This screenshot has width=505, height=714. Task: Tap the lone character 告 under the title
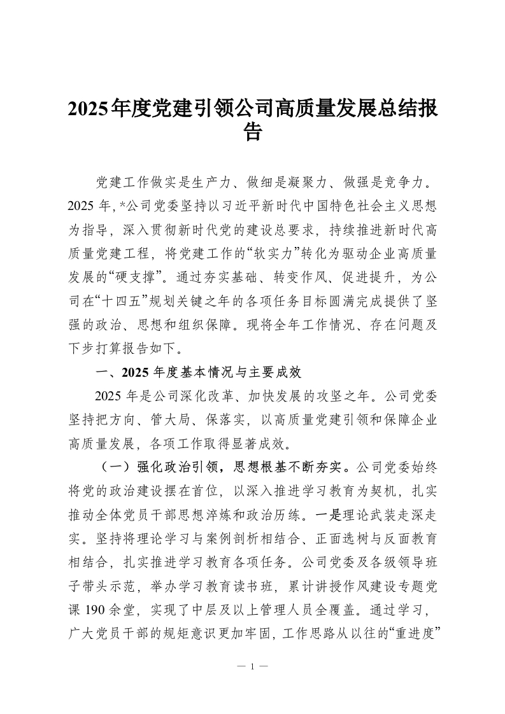click(x=253, y=132)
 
